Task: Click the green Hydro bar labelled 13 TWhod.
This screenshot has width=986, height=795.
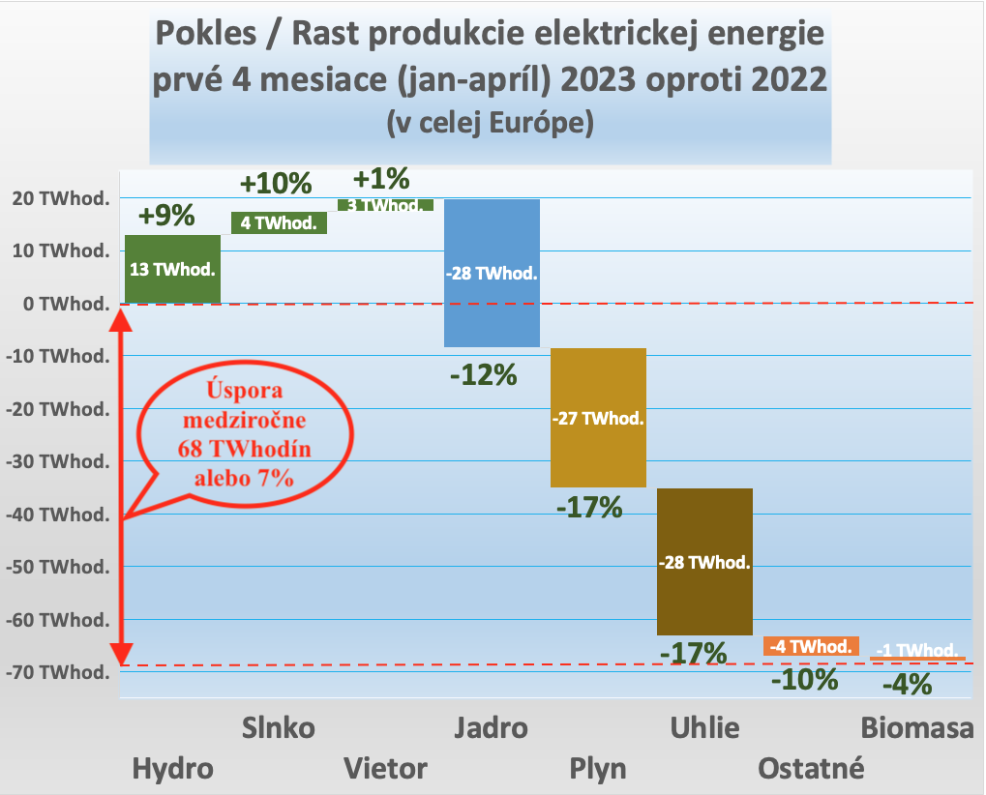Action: click(172, 269)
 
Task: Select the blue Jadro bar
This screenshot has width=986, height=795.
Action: click(492, 273)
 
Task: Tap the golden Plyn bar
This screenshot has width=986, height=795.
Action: click(598, 418)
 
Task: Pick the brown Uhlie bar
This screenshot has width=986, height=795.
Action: click(704, 562)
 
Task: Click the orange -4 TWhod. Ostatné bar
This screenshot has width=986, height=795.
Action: click(811, 646)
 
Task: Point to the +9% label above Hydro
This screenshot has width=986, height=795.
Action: click(166, 216)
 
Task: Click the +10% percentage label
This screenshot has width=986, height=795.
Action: click(276, 183)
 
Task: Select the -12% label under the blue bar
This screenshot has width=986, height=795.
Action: click(484, 374)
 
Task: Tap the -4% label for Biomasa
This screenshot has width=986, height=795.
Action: click(908, 685)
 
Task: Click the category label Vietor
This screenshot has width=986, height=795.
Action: click(386, 769)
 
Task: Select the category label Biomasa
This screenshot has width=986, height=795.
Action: click(916, 728)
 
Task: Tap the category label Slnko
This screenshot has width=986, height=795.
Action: click(278, 728)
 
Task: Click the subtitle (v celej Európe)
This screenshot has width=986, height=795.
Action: click(490, 123)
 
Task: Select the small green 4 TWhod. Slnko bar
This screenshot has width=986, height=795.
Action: click(279, 222)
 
